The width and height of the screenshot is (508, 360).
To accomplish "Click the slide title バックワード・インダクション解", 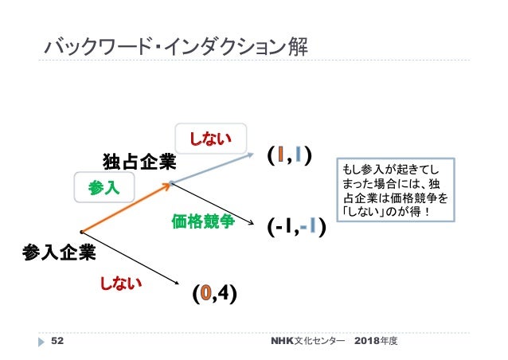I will point(174,49).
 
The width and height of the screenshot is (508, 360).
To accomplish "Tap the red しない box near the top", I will point(210,141).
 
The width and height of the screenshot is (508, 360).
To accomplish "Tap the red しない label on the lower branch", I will point(120,282).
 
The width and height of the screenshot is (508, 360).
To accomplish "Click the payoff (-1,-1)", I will point(295,229).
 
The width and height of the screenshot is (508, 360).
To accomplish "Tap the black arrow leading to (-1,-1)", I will point(215,206).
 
